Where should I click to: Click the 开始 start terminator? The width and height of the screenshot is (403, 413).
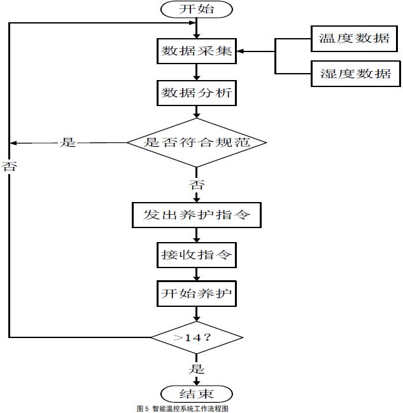tap(197, 9)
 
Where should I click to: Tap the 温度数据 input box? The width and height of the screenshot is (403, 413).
tap(355, 39)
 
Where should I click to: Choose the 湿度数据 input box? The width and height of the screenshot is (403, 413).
tap(355, 74)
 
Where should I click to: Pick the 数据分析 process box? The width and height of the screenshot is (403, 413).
tap(197, 93)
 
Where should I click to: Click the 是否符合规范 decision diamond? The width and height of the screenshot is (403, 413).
tap(196, 142)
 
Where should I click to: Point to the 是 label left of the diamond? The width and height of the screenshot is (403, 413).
tap(67, 142)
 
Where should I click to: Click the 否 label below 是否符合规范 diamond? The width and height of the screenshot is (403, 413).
tap(197, 185)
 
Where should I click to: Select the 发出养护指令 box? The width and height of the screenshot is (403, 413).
tap(197, 215)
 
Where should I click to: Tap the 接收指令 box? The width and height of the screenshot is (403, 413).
tap(197, 256)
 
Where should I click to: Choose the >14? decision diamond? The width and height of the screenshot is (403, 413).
tap(197, 337)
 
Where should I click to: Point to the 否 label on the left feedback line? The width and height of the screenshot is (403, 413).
tap(9, 167)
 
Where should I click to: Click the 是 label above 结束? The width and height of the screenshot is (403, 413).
tap(197, 369)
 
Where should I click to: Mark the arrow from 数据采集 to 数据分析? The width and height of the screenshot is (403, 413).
tap(197, 72)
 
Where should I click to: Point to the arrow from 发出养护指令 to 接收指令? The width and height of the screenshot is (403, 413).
tap(197, 235)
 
